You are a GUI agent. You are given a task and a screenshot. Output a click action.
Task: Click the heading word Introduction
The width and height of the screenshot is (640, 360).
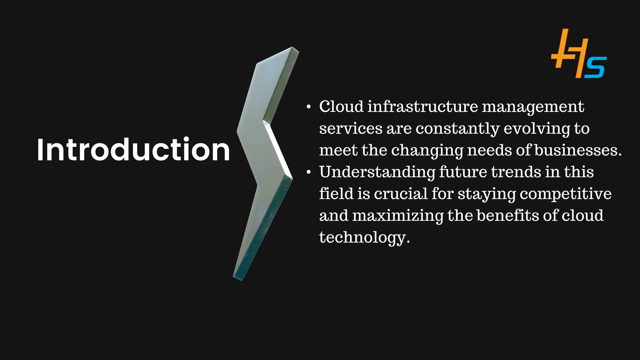click(133, 150)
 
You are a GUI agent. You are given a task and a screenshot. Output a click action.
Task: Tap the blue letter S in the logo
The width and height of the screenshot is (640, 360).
click(596, 67)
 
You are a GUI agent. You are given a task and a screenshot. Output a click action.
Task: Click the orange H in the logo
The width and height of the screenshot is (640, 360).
click(569, 53)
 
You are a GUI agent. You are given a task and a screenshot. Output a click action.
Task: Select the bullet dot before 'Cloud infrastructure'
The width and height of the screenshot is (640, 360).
click(309, 107)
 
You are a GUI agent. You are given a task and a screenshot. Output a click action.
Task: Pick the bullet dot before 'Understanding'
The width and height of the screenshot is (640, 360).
click(309, 172)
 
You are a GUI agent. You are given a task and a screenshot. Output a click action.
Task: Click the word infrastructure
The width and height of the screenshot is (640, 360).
click(422, 107)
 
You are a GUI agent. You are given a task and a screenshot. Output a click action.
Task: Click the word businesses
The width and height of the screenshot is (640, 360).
click(578, 150)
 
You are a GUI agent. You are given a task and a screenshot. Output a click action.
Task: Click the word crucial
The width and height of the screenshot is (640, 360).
click(401, 194)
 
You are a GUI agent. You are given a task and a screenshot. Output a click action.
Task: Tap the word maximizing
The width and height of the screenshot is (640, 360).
click(398, 216)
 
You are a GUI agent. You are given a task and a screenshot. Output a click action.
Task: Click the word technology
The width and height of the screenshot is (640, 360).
click(364, 237)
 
